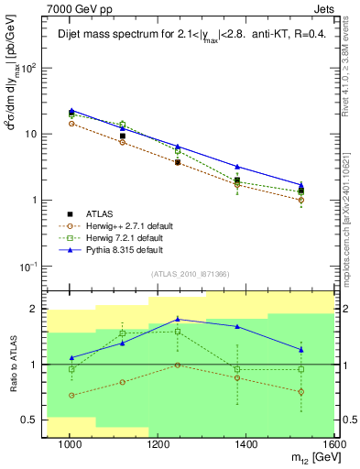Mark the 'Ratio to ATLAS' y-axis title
point(12,365)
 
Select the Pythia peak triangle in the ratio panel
point(179,319)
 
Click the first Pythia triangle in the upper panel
point(71,111)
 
